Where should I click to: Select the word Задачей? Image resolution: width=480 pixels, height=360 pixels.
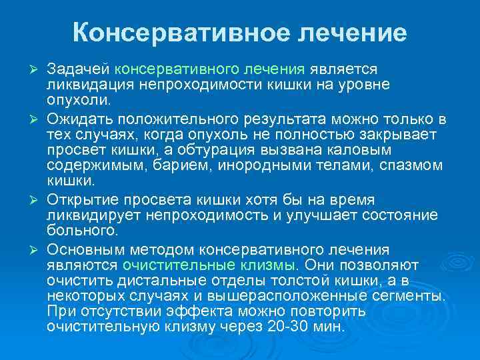[x=79, y=69]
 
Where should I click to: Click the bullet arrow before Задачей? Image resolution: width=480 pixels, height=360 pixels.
[x=37, y=70]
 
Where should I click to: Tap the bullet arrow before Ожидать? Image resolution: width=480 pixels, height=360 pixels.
[x=37, y=119]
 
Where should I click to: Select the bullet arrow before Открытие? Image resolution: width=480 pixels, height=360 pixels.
[x=37, y=201]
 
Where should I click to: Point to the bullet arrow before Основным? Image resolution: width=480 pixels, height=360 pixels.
[x=37, y=250]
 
